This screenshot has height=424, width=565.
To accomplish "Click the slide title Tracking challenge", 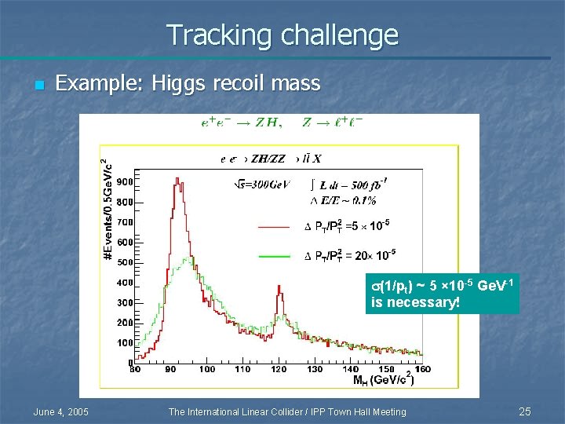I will (x=282, y=35).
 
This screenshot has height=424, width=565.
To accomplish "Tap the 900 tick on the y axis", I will (x=125, y=182).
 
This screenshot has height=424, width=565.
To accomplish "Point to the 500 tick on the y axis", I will (x=125, y=262).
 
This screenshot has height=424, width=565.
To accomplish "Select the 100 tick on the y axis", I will (x=125, y=343).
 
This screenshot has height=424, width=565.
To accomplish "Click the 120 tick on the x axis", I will (x=279, y=369).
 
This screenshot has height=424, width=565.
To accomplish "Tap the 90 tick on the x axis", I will (x=172, y=369).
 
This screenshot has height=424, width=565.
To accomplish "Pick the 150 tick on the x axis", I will (x=387, y=369).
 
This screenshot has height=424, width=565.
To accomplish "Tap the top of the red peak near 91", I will (x=177, y=180).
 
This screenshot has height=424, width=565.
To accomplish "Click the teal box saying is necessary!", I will (x=442, y=294).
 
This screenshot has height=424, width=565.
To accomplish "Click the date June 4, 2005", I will (x=61, y=412).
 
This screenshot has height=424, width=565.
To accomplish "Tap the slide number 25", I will (x=524, y=411).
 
